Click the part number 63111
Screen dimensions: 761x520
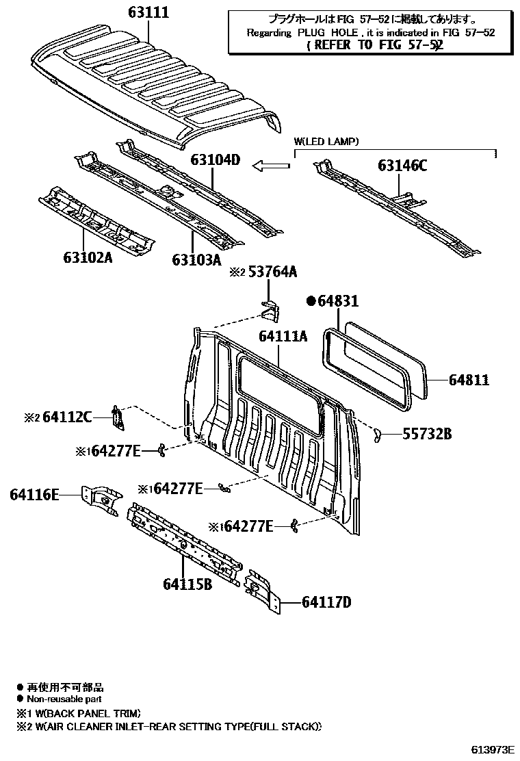[148, 13]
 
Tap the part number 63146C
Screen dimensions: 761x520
[402, 166]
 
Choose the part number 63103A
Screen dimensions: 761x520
[196, 259]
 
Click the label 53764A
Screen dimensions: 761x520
[272, 272]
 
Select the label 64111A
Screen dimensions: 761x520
[283, 337]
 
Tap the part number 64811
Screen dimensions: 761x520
[469, 379]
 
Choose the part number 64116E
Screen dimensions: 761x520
[35, 494]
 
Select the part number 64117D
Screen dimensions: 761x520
[326, 602]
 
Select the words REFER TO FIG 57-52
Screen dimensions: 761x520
[375, 45]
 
